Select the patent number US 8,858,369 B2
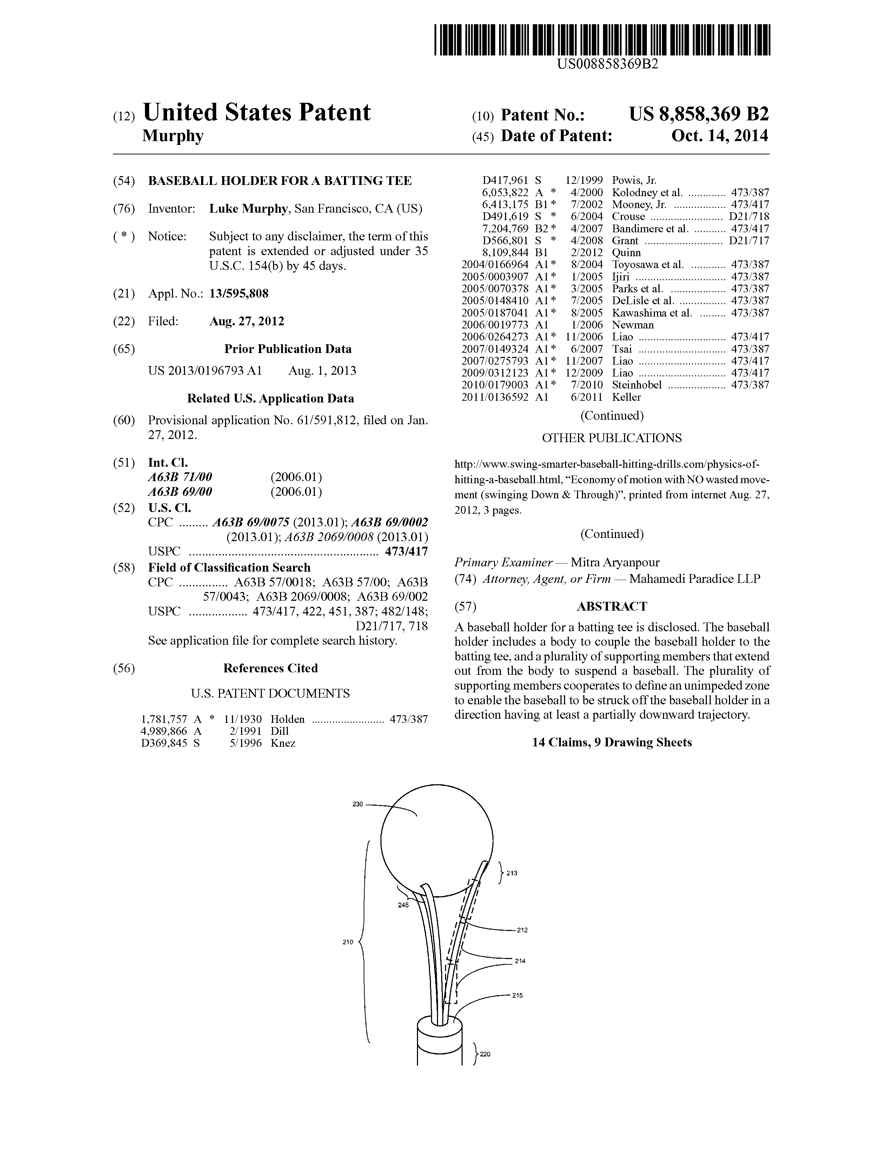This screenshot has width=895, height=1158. (x=698, y=114)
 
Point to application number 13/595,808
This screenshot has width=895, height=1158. (x=239, y=293)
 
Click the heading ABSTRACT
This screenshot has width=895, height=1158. (x=612, y=606)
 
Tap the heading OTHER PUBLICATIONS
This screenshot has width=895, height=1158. (x=612, y=438)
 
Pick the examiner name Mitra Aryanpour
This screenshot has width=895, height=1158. (x=615, y=563)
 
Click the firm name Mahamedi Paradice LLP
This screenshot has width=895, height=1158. (x=695, y=578)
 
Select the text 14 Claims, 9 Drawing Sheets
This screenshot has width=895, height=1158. (x=612, y=742)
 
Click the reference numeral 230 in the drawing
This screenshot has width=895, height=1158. (x=357, y=804)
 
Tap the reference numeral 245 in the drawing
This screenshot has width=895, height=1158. (x=403, y=905)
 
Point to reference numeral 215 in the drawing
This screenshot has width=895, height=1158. (x=517, y=995)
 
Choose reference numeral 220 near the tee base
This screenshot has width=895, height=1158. (x=485, y=1054)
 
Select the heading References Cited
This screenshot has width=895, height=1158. (x=270, y=668)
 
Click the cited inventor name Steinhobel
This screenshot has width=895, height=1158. (x=637, y=385)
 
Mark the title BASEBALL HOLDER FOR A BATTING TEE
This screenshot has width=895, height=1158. (x=279, y=181)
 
